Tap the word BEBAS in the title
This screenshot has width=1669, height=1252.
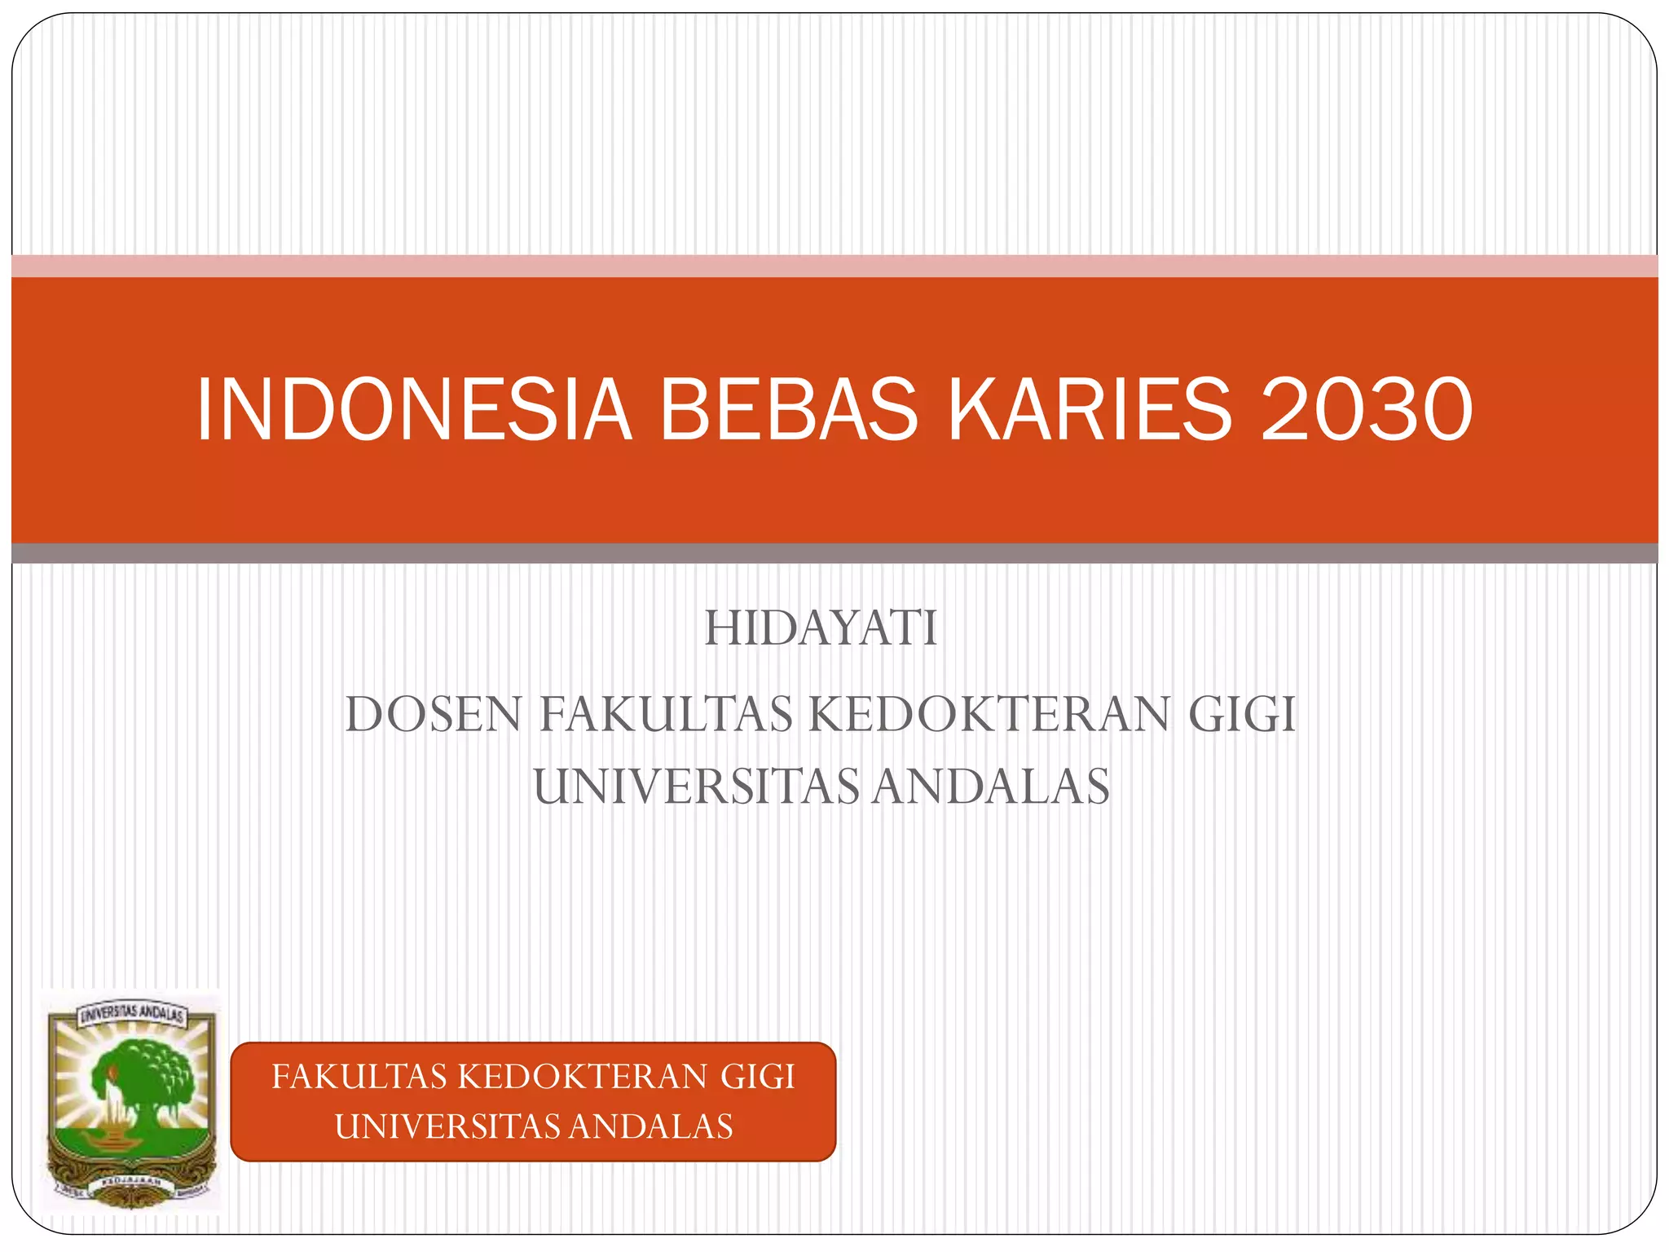[x=789, y=410]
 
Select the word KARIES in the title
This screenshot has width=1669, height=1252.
[x=1090, y=410]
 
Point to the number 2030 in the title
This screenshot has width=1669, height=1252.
[x=1367, y=410]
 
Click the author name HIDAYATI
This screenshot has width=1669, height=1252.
[x=821, y=628]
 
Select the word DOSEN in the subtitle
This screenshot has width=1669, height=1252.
[x=433, y=715]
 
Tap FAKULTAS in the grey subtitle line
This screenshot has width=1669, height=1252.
[x=666, y=715]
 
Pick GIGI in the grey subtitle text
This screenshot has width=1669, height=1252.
[x=1241, y=715]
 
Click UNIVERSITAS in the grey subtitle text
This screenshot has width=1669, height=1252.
[x=696, y=787]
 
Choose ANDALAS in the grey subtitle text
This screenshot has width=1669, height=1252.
[x=991, y=787]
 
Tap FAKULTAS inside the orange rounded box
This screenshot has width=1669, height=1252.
[x=360, y=1077]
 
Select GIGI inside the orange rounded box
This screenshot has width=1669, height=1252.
[x=757, y=1077]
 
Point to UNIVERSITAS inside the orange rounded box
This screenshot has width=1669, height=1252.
[x=447, y=1126]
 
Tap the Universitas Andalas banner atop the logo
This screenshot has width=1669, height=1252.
[x=130, y=1015]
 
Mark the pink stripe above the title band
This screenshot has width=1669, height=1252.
[x=834, y=266]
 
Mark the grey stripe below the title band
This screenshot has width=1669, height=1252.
[x=834, y=553]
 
